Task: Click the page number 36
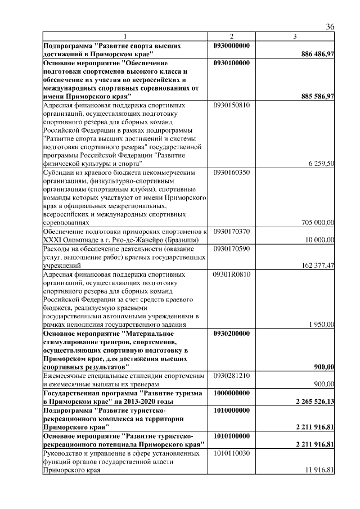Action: [330, 28]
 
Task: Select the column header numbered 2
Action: [231, 37]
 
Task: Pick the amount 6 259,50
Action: [322, 163]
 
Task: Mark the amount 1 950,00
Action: [322, 324]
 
